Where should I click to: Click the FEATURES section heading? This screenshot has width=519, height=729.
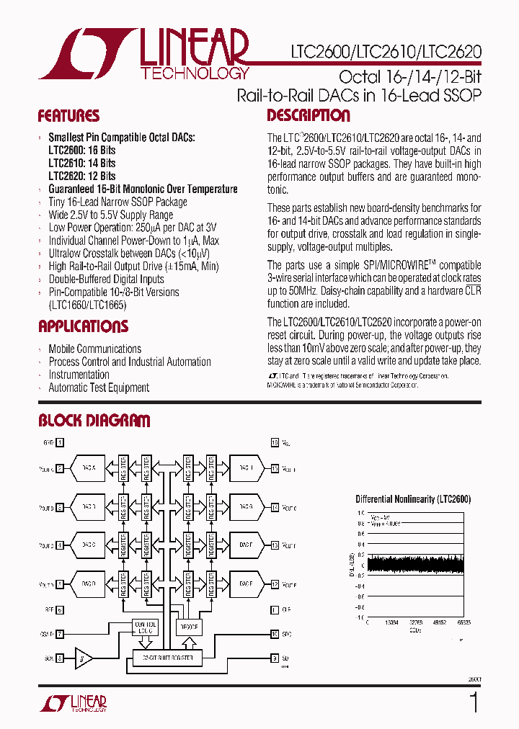(x=68, y=116)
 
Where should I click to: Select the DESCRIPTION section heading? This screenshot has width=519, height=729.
(x=309, y=116)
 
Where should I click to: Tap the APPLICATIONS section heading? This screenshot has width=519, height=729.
(x=83, y=326)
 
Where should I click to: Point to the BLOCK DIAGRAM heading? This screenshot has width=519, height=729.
(x=94, y=421)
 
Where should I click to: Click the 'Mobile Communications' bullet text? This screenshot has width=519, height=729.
(x=94, y=349)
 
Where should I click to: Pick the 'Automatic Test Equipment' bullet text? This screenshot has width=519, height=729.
(x=99, y=388)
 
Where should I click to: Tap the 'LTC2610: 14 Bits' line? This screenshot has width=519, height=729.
(x=81, y=164)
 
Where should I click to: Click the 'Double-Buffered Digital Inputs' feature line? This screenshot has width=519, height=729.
(x=106, y=279)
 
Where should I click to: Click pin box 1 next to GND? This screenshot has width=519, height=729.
(x=61, y=443)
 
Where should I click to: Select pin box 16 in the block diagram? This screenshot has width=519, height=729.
(x=275, y=443)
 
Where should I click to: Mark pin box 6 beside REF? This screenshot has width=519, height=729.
(x=61, y=609)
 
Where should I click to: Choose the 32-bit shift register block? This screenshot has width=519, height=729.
(x=167, y=658)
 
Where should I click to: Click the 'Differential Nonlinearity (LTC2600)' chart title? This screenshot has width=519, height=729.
(x=413, y=498)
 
